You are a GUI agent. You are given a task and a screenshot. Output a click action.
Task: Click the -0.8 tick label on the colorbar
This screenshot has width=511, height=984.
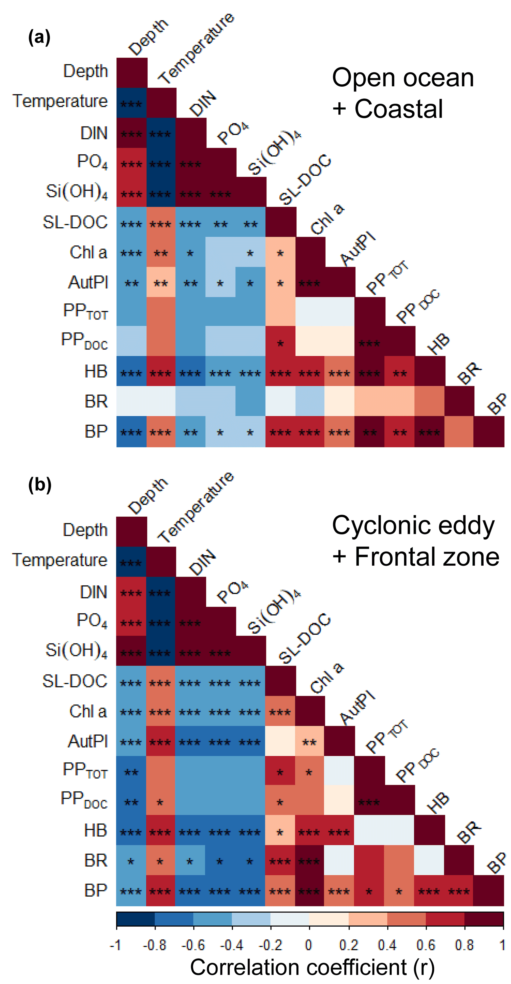click(155, 945)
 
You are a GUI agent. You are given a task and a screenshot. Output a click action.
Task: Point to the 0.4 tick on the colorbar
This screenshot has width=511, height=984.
click(387, 945)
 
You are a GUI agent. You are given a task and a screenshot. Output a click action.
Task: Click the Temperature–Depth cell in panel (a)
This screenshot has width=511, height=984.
click(131, 103)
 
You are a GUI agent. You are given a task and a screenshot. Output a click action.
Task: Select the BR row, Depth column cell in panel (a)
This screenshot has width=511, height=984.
click(131, 401)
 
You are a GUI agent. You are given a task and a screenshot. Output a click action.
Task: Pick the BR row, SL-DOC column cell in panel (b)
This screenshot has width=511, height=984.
click(280, 861)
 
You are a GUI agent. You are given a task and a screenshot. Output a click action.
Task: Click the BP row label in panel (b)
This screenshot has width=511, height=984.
click(95, 890)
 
